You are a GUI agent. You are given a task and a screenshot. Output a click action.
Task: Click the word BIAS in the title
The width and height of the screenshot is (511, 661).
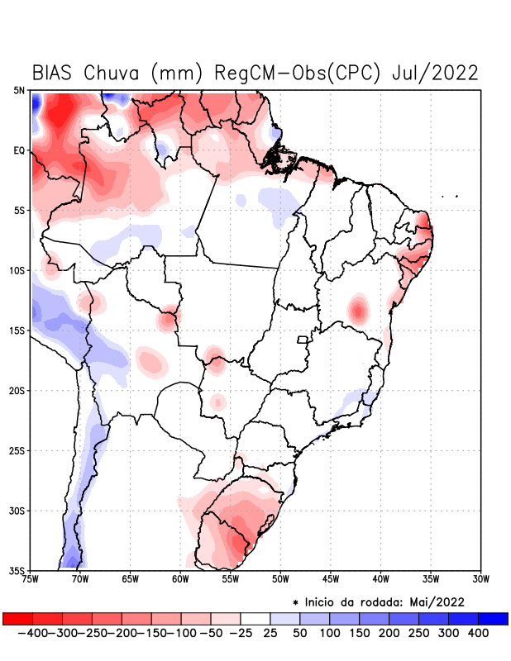(x=56, y=73)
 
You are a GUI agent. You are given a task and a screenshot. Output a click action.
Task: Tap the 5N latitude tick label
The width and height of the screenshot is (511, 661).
(x=19, y=90)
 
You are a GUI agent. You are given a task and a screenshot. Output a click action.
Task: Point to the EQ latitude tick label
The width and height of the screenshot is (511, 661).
(x=19, y=150)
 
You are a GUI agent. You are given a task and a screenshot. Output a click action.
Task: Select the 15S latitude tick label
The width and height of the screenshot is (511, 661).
(x=17, y=330)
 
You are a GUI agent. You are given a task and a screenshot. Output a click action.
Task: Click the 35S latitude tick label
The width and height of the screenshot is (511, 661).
(x=17, y=571)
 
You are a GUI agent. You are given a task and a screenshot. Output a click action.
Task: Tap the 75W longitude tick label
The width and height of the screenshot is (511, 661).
(x=31, y=579)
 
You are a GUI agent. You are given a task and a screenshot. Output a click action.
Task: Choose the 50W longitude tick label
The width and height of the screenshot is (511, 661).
(x=279, y=579)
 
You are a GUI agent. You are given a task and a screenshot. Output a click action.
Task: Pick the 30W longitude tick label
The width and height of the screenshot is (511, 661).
(x=481, y=579)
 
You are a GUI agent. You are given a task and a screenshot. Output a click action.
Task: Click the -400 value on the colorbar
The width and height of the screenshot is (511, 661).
(x=32, y=633)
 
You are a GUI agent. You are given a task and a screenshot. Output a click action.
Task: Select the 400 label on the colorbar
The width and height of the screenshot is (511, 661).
(x=477, y=633)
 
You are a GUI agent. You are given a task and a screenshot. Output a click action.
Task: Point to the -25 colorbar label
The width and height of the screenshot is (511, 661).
(x=241, y=633)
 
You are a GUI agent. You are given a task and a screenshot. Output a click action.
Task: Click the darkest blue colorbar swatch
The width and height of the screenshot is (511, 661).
(x=493, y=618)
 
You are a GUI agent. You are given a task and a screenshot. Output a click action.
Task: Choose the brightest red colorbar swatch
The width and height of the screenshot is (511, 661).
(x=17, y=618)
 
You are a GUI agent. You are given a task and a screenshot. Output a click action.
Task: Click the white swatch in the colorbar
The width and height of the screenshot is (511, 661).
(x=255, y=618)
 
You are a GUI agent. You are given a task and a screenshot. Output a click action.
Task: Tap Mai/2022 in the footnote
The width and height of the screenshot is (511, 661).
(x=437, y=601)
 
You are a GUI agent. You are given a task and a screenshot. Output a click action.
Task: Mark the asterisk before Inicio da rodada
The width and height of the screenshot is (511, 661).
(x=295, y=602)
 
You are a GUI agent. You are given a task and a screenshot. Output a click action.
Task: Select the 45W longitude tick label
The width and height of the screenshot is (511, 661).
(x=330, y=579)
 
